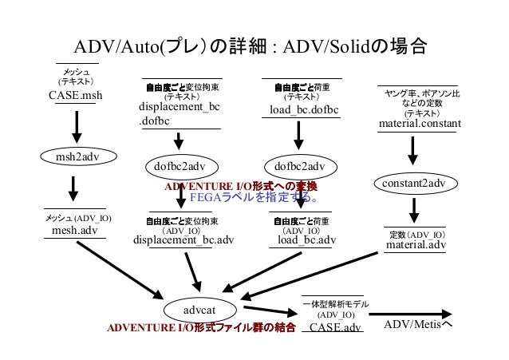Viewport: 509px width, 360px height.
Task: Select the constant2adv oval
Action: click(x=413, y=184)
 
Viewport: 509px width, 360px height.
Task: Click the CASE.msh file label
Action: click(x=76, y=96)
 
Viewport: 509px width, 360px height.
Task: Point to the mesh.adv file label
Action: click(x=74, y=231)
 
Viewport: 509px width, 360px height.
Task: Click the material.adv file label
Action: click(x=415, y=245)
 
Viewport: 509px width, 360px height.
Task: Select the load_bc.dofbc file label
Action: click(x=304, y=109)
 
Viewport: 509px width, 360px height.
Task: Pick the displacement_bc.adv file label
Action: click(x=183, y=239)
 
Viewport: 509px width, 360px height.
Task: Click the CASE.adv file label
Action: click(x=334, y=327)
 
